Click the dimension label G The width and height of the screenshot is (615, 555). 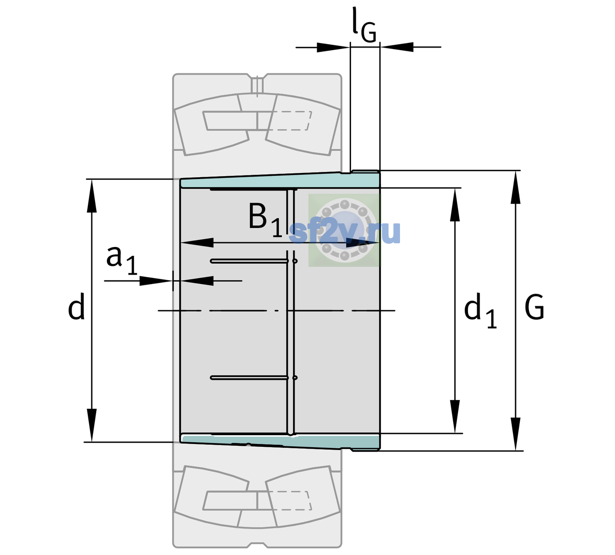pyautogui.click(x=535, y=307)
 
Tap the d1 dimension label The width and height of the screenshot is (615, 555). pyautogui.click(x=480, y=311)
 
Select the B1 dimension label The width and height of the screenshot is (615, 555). pyautogui.click(x=265, y=220)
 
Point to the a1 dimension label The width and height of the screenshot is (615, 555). pyautogui.click(x=122, y=260)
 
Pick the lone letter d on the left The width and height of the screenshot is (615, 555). pyautogui.click(x=76, y=306)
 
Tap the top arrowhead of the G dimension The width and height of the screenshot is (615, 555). pyautogui.click(x=516, y=188)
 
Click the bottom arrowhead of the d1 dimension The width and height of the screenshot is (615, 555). pyautogui.click(x=455, y=416)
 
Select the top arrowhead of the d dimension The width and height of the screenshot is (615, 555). pyautogui.click(x=92, y=196)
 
